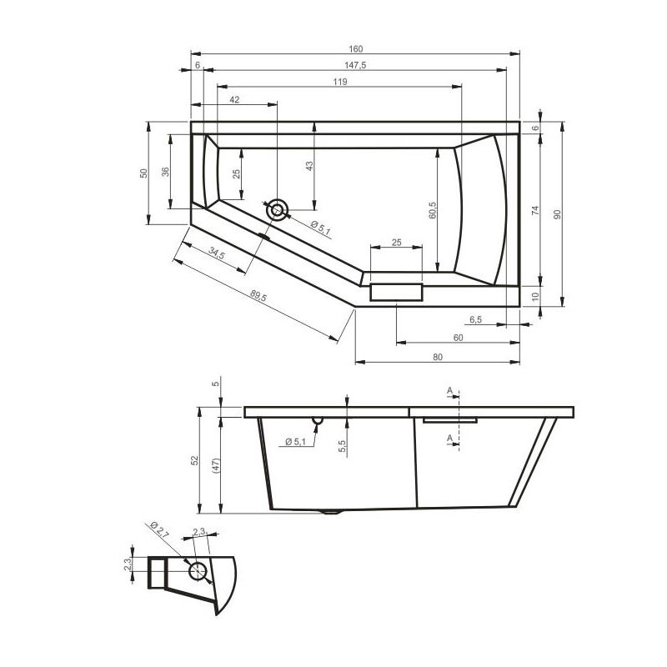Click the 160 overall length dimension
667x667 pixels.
tap(356, 49)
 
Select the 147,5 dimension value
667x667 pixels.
tap(355, 65)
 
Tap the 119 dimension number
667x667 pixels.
tap(340, 82)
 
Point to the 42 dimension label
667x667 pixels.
tap(234, 99)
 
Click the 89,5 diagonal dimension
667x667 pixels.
tap(258, 296)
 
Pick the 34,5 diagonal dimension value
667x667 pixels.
tap(217, 253)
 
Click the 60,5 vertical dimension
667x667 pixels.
tap(433, 211)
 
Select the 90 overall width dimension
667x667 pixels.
tap(558, 214)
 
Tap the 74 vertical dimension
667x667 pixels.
tap(535, 210)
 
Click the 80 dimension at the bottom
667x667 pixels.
tap(438, 357)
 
